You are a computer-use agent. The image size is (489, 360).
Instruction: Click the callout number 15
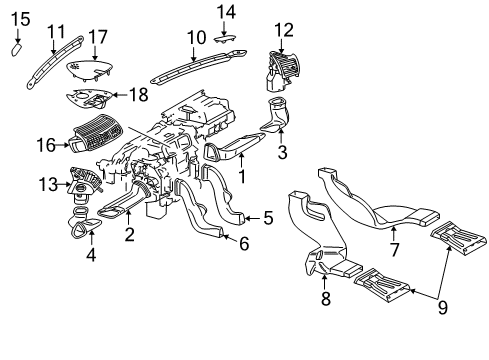[21, 19]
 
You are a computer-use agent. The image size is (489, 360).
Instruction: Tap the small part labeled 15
[17, 49]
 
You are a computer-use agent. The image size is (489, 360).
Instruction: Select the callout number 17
[98, 37]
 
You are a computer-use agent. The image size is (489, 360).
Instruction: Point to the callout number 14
[226, 12]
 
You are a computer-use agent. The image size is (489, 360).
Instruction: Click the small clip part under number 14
[225, 38]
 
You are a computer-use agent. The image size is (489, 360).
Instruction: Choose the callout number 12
[284, 30]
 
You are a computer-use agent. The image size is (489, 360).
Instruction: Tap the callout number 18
[139, 95]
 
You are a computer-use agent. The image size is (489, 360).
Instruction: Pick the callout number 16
[46, 145]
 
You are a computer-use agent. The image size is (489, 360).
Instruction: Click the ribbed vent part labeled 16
[96, 134]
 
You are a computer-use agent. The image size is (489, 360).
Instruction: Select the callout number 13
[48, 184]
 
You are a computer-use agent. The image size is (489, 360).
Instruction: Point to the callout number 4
[91, 255]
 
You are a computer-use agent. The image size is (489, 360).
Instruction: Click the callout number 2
[129, 234]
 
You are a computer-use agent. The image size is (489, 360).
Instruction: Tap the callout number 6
[244, 244]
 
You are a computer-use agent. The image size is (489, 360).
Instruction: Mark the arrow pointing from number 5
[252, 218]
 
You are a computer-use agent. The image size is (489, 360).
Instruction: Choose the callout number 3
[282, 152]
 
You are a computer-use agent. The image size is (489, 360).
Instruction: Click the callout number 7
[395, 249]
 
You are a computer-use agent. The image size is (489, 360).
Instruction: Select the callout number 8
[326, 298]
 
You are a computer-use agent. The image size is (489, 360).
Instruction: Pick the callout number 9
[442, 307]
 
